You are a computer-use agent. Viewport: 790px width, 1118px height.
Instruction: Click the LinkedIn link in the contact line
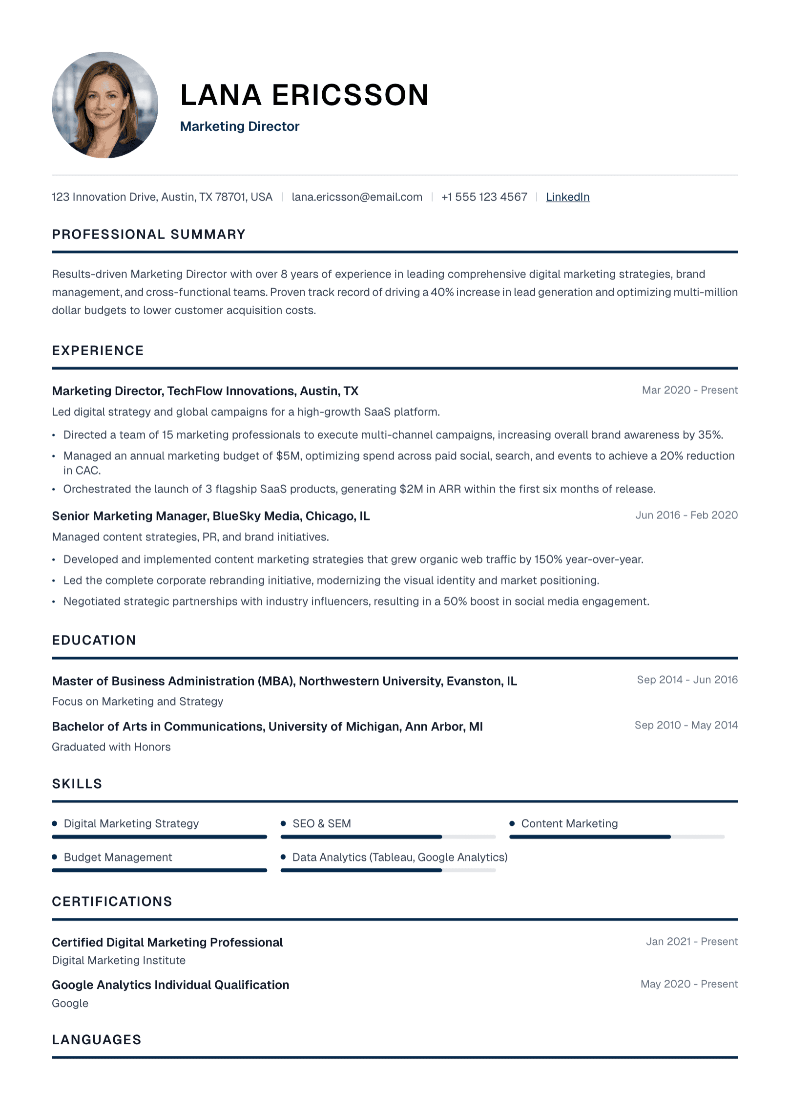567,197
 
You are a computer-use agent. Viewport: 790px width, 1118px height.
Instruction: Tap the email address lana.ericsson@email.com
357,197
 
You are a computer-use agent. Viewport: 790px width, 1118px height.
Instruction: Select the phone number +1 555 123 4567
484,197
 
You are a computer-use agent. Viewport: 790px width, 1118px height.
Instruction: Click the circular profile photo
105,105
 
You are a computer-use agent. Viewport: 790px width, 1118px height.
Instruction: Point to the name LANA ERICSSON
304,95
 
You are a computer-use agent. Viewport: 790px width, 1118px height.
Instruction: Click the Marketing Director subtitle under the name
239,127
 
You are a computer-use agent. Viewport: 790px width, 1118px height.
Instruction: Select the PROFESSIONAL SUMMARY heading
148,235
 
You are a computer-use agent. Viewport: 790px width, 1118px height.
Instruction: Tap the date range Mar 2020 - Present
689,390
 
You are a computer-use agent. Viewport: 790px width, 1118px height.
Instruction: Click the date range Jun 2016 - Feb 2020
686,515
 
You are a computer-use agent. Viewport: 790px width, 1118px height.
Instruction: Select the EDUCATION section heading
94,640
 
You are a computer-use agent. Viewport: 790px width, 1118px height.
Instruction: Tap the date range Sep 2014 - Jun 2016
687,680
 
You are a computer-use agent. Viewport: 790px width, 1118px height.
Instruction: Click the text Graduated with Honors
111,747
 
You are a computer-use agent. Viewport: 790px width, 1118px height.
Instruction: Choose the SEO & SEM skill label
321,823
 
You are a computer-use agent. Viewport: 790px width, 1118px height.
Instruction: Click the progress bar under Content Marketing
616,837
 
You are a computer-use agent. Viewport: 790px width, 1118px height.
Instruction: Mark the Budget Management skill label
118,857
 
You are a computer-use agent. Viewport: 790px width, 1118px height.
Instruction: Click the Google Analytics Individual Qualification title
170,985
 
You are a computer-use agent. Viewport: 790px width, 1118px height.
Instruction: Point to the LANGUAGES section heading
97,1039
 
